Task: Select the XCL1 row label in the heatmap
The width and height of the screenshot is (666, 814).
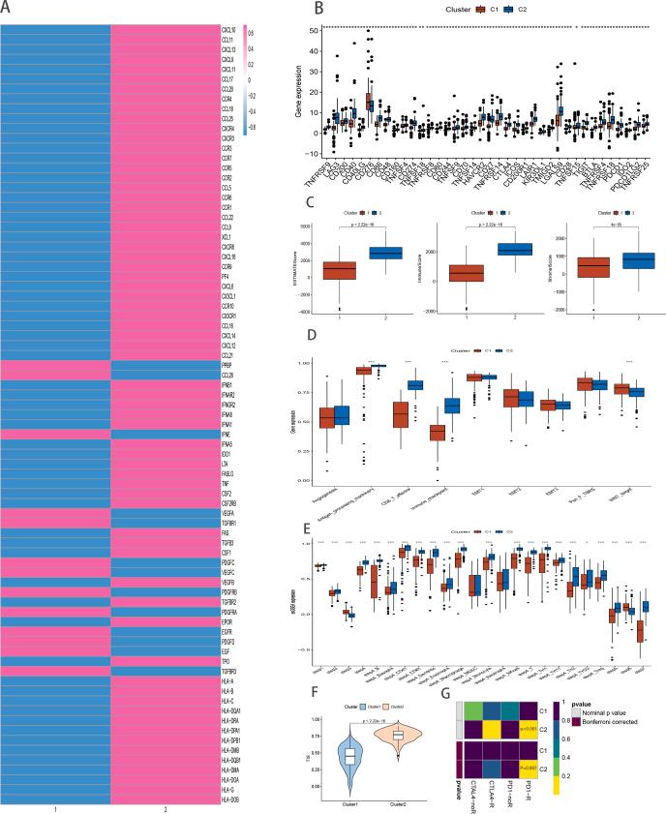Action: [227, 236]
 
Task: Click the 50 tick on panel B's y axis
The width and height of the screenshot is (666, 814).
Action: [313, 31]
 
